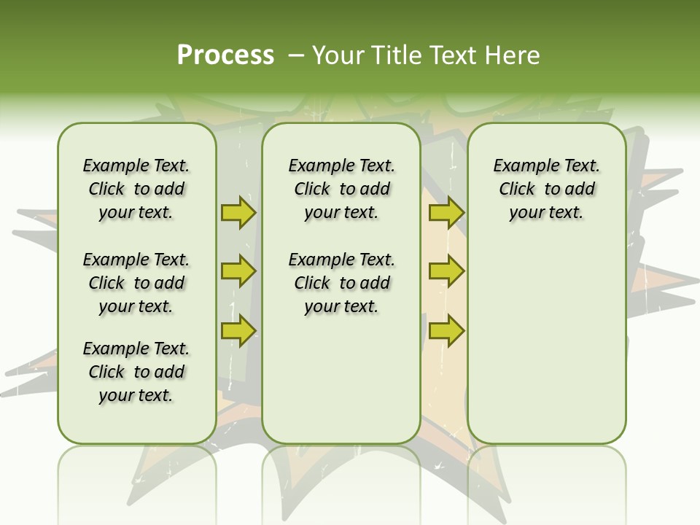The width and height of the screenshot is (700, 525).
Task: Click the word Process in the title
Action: (225, 55)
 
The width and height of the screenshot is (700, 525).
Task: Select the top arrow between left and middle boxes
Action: (238, 212)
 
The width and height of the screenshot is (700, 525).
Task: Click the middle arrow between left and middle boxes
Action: (238, 271)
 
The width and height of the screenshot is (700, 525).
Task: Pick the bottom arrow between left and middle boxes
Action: (238, 330)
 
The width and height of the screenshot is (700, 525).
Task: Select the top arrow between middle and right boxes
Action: (446, 212)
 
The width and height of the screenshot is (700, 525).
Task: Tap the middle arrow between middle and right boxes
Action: (446, 271)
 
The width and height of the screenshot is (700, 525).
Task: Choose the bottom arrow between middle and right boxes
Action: (446, 330)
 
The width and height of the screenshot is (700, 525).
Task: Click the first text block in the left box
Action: (136, 189)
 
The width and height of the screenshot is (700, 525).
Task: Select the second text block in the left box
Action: (136, 283)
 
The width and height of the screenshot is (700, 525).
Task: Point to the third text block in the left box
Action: (136, 372)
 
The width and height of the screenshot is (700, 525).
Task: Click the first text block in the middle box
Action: (341, 189)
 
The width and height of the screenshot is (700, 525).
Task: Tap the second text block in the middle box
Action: (341, 283)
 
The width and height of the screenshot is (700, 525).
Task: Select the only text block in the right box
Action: (546, 189)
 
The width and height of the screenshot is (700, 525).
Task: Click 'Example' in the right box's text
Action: (521, 166)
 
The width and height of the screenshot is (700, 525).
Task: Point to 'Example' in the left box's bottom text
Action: (110, 349)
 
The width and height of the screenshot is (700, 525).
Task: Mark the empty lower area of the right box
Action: (546, 350)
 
